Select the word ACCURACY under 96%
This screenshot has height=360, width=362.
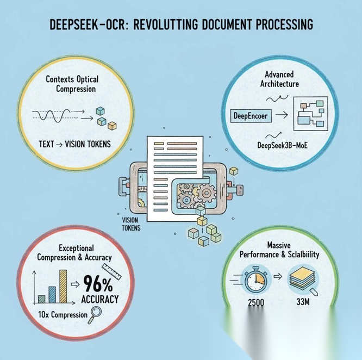pos(100,299)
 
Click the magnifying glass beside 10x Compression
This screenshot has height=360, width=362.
pos(97,313)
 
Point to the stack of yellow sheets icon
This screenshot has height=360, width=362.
pos(302,279)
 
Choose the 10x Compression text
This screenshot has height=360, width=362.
pos(63,314)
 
